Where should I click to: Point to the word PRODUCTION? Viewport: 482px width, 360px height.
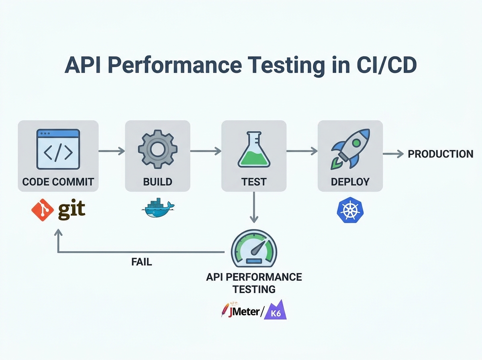point(440,154)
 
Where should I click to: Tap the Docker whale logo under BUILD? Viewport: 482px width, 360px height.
point(158,208)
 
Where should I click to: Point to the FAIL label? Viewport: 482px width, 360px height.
point(141,262)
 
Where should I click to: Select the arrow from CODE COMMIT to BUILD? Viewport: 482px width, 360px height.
point(112,151)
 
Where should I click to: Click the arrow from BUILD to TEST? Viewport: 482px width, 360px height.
point(206,151)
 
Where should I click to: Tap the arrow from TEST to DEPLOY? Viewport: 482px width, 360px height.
point(302,151)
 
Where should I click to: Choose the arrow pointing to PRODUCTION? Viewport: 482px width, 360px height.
point(393,154)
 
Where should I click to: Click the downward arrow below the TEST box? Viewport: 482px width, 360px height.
point(254,207)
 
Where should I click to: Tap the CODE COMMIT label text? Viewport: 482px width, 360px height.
point(58,181)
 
